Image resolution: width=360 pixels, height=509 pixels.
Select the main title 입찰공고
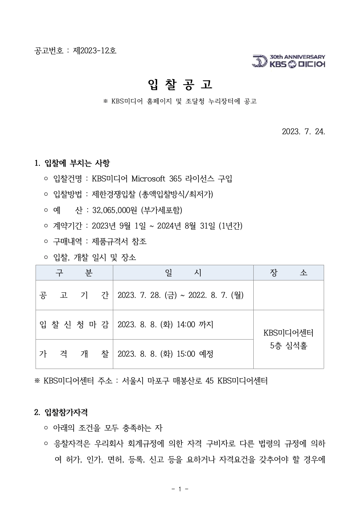click(x=180, y=85)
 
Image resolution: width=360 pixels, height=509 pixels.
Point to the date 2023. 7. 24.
click(x=303, y=131)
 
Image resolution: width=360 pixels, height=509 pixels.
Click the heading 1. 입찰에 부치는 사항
click(x=72, y=163)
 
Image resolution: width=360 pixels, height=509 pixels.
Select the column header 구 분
click(x=74, y=273)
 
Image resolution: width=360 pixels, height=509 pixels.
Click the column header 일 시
click(x=183, y=273)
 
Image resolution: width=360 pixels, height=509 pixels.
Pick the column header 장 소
click(x=289, y=273)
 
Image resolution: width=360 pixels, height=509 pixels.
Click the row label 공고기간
click(x=74, y=295)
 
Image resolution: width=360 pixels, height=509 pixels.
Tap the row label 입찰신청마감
click(x=74, y=324)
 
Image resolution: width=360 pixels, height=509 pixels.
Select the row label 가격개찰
click(x=74, y=354)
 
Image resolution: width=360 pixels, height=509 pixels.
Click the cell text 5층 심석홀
click(x=289, y=346)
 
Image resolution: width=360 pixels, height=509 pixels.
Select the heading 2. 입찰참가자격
click(x=61, y=412)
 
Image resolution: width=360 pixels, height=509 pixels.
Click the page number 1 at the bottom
click(x=180, y=489)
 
